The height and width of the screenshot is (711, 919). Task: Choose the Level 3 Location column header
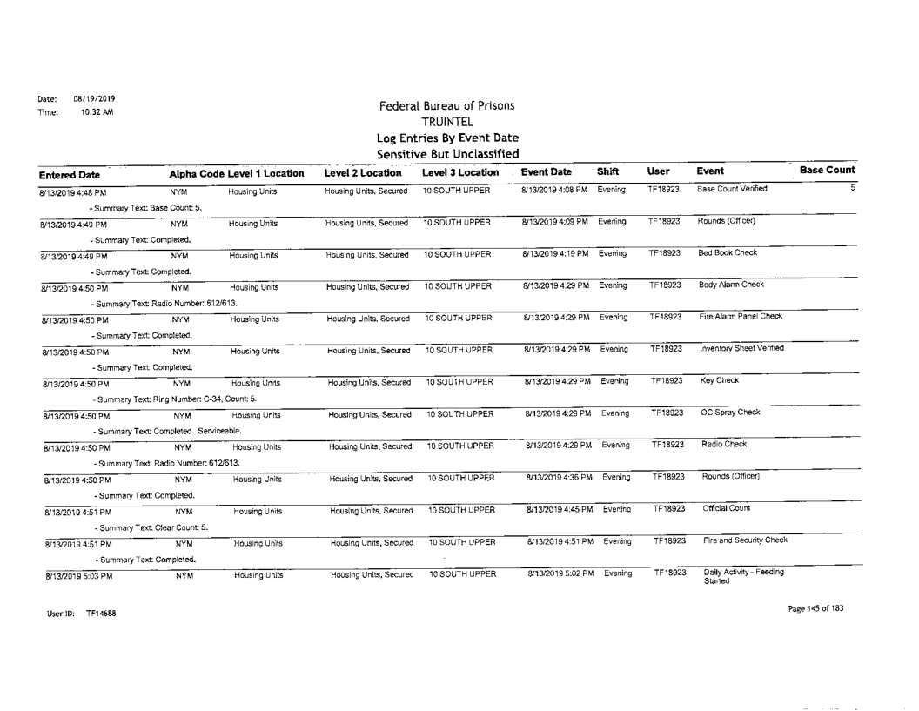[455, 150]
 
